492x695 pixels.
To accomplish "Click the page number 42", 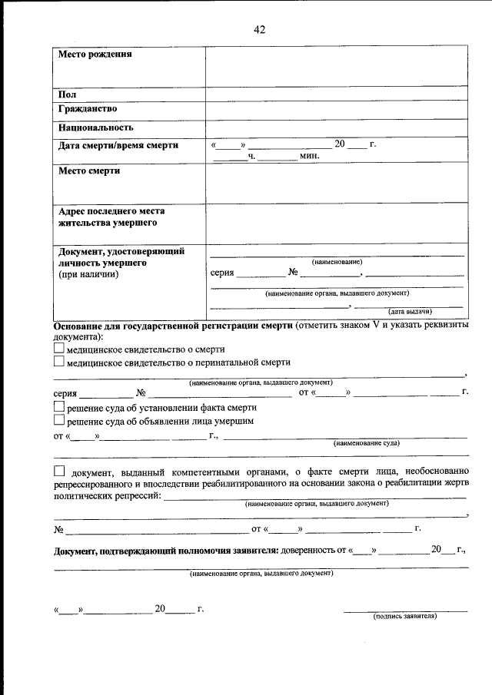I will tap(259, 30).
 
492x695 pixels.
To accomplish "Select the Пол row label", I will tap(67, 94).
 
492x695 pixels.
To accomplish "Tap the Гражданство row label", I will tap(88, 109).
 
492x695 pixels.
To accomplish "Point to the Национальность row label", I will tap(96, 127).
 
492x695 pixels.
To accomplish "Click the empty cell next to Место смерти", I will tap(336, 183).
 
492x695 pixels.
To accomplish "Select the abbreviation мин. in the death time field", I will tap(310, 156).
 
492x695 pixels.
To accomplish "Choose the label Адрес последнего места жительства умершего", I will tap(111, 217).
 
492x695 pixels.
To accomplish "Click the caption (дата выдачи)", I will tap(410, 311).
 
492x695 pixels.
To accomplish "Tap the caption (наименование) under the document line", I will tap(337, 262).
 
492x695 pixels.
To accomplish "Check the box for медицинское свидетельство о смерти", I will tap(59, 348).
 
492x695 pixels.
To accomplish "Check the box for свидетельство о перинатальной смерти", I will tap(59, 362).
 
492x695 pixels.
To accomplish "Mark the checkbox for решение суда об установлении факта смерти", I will tap(59, 408).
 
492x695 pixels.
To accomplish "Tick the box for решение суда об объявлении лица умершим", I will tap(59, 421).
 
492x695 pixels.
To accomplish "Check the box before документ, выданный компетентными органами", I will tap(59, 471).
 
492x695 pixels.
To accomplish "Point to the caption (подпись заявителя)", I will tap(405, 616).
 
